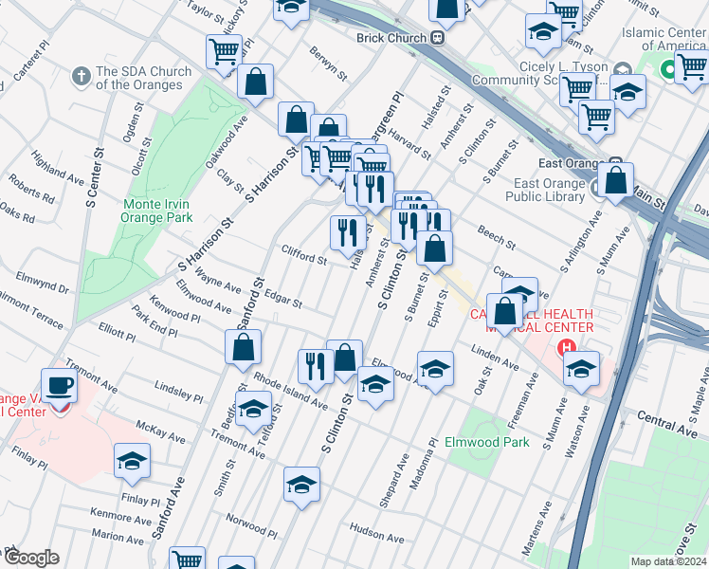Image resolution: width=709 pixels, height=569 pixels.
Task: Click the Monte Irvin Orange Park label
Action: click(156, 210)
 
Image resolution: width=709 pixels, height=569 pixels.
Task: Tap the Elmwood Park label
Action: click(501, 442)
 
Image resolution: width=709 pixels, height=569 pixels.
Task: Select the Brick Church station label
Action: click(393, 38)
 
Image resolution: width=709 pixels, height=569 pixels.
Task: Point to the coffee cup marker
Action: click(62, 387)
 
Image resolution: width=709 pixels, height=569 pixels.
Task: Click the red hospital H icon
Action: click(568, 348)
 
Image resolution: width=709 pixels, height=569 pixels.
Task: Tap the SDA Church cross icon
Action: click(82, 73)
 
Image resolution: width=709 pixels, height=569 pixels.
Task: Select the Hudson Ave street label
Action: click(377, 529)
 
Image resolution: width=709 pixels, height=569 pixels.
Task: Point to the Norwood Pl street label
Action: click(251, 523)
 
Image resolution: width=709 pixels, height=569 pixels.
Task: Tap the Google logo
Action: click(31, 558)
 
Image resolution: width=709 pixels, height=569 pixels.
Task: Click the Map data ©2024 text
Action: click(668, 561)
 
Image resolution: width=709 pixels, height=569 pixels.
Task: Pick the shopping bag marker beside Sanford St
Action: click(244, 348)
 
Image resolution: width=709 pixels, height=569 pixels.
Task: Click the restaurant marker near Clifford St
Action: click(347, 230)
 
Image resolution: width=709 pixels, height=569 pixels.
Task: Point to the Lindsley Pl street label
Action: click(178, 392)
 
